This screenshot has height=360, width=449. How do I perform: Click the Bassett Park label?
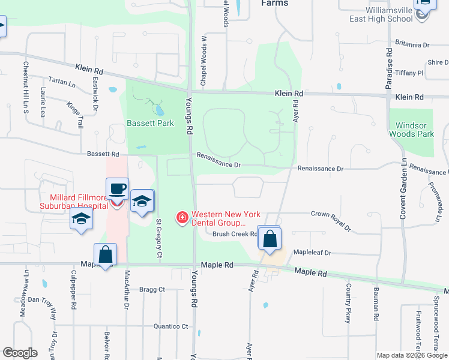click(x=150, y=123)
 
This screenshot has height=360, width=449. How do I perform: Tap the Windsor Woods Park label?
click(x=411, y=130)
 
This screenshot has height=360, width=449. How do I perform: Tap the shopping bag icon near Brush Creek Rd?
click(x=270, y=238)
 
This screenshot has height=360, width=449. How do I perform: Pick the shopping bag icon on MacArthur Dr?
click(x=106, y=255)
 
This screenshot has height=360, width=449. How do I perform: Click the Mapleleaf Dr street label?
click(x=311, y=253)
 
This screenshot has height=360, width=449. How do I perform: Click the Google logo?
click(x=20, y=353)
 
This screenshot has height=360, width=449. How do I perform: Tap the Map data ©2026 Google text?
click(x=411, y=355)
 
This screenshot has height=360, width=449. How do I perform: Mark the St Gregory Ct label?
click(x=159, y=238)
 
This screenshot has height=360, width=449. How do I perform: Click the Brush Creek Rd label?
click(x=235, y=235)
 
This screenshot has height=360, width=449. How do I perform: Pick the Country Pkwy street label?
click(x=348, y=304)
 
